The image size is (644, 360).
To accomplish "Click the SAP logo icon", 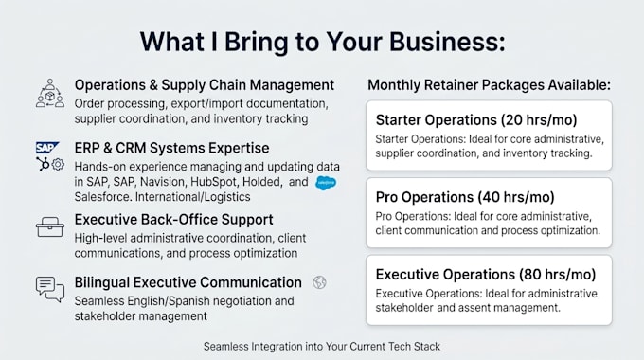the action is pos(47,148).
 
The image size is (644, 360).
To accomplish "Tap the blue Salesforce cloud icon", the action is pos(326,183).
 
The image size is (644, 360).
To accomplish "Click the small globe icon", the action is pos(319,282).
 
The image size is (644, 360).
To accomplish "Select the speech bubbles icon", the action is pos(50,289).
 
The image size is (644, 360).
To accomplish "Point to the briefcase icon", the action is pos(49,226).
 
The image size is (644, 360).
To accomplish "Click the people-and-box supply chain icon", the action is pos(50,94).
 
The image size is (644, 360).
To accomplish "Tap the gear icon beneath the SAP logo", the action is pos(58,165).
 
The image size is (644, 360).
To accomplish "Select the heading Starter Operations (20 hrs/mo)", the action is pos(476,120).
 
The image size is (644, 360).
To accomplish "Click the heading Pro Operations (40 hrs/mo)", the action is pos(465,197).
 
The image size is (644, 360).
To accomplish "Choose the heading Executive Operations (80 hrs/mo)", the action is pos(486,275).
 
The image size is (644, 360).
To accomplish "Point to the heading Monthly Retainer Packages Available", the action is pos(489,85).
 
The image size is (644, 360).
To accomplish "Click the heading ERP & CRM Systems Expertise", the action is pos(171,148).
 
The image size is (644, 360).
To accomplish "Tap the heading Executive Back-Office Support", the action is pos(173,220).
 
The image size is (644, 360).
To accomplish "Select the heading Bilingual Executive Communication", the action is pos(188,282).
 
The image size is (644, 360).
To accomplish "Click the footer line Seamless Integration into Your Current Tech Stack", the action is pos(322,347).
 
